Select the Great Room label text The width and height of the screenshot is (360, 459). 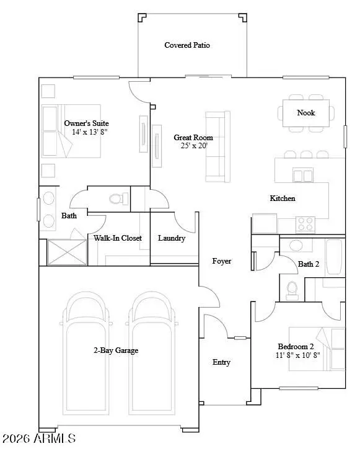(x=193, y=138)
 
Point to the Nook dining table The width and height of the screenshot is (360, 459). (x=306, y=113)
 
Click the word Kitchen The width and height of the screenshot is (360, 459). (x=282, y=198)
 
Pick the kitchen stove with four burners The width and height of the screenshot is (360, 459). (x=305, y=223)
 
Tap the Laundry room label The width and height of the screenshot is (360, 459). (x=172, y=238)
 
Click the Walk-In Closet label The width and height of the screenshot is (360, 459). (x=118, y=238)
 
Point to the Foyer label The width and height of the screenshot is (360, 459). (x=221, y=261)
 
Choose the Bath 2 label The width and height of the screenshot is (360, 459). (x=308, y=264)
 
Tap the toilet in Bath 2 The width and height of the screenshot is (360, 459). (x=293, y=289)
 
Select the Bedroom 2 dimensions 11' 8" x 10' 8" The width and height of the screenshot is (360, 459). (x=299, y=356)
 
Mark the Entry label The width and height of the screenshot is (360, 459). (x=221, y=362)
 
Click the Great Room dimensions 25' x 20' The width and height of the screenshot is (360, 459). (x=194, y=146)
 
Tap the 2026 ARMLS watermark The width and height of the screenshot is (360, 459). (x=38, y=439)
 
